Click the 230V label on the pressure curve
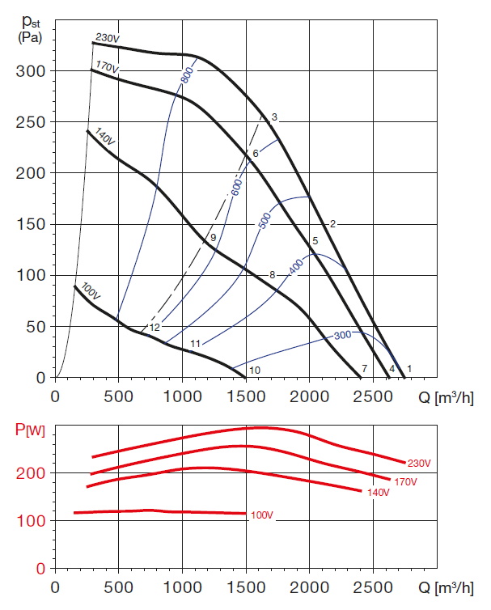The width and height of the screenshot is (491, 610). pos(108,38)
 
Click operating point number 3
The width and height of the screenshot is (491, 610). pos(274,118)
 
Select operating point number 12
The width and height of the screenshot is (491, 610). pos(154,328)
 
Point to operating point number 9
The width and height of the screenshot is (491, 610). pos(213,239)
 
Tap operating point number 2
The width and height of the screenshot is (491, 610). pos(332,223)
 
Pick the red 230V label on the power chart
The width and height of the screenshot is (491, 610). pos(419,462)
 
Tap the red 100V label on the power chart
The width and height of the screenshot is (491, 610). pos(262,515)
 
